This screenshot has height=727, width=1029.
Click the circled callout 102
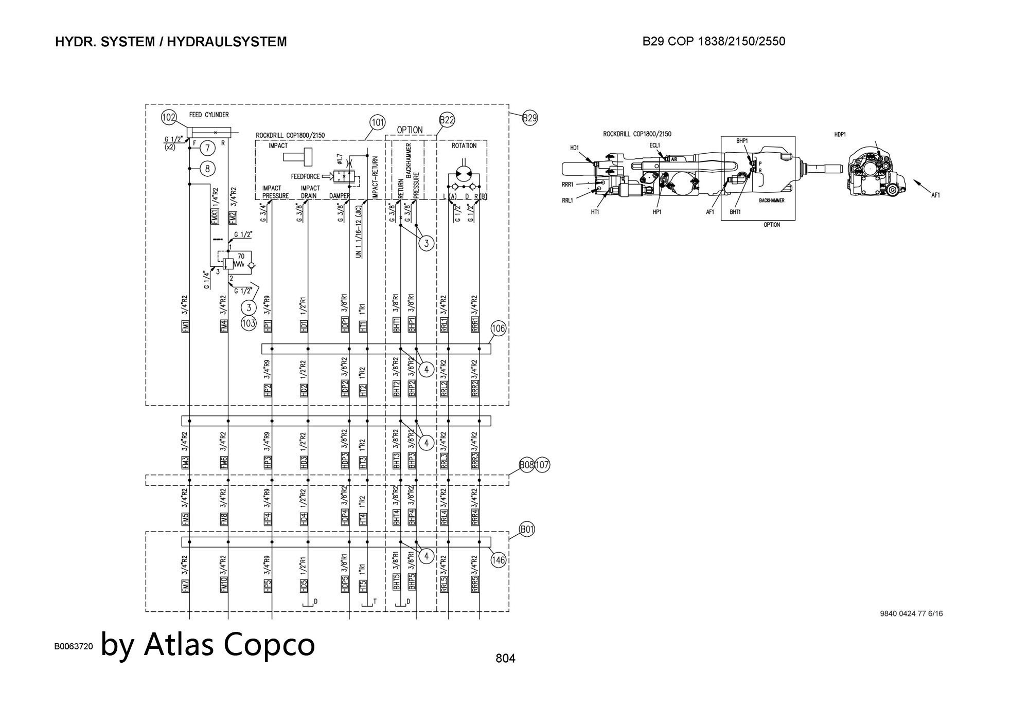point(169,118)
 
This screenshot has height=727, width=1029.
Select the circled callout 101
point(378,122)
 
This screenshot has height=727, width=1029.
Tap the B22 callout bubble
point(447,120)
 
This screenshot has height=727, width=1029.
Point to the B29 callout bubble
point(530,118)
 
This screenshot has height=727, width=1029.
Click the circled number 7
point(207,148)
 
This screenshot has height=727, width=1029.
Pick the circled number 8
point(207,168)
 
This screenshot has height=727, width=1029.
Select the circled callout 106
point(499,328)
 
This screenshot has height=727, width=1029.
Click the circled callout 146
point(499,560)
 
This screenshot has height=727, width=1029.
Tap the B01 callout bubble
point(527,529)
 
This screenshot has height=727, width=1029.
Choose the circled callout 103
point(249,323)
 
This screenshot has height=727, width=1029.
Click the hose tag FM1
point(186,326)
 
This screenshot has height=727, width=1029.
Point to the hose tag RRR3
point(475,460)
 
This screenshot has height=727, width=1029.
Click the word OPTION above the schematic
point(410,130)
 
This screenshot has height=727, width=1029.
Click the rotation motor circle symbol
point(465,174)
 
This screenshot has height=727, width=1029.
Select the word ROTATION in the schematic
point(464,146)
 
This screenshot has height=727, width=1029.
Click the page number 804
point(505,658)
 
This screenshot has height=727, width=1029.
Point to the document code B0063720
point(74,647)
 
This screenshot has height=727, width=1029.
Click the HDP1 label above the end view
point(840,135)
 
